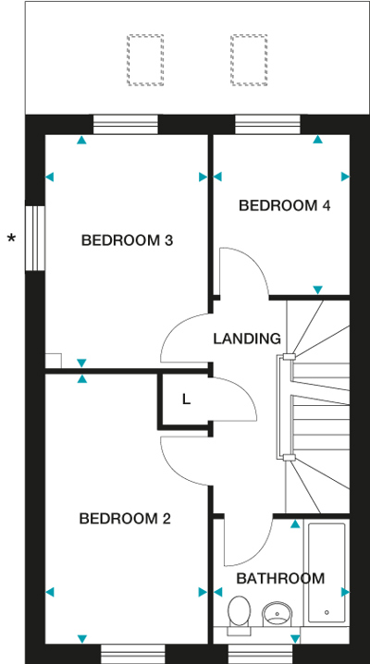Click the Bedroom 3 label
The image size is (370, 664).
[127, 240]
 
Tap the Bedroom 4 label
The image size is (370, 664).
[285, 206]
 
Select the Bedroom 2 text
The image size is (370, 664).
[125, 518]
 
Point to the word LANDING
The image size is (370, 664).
[247, 338]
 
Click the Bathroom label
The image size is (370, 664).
[280, 579]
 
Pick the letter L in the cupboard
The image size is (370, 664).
[186, 400]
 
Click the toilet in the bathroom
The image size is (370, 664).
[240, 615]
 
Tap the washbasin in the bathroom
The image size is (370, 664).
[277, 614]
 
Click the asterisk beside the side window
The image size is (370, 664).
[11, 238]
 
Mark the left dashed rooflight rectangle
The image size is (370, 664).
[145, 60]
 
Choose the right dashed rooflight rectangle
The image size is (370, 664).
[249, 60]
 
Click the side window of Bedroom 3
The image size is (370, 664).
[35, 238]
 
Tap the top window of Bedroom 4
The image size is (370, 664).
[267, 124]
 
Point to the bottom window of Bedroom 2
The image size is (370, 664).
[133, 654]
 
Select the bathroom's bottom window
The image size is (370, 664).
[260, 654]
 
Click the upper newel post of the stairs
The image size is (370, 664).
[290, 357]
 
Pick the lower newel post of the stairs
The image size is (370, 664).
[290, 457]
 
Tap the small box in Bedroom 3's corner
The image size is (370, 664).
[54, 361]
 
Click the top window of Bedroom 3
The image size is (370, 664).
[125, 124]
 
